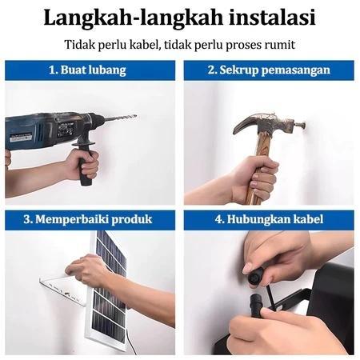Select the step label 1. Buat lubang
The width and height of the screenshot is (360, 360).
89,70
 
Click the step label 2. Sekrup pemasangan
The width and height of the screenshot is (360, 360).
269,70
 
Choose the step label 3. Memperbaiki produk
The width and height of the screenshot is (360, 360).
89,219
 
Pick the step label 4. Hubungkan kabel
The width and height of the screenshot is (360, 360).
269,219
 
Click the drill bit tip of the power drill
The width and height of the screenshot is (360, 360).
133,117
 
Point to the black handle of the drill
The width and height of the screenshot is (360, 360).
84,164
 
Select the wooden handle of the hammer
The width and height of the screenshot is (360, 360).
261,172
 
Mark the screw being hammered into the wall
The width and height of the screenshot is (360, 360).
301,125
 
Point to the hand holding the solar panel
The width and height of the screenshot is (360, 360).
92,272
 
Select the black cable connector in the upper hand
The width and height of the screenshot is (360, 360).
257,277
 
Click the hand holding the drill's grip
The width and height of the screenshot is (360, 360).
80,164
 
